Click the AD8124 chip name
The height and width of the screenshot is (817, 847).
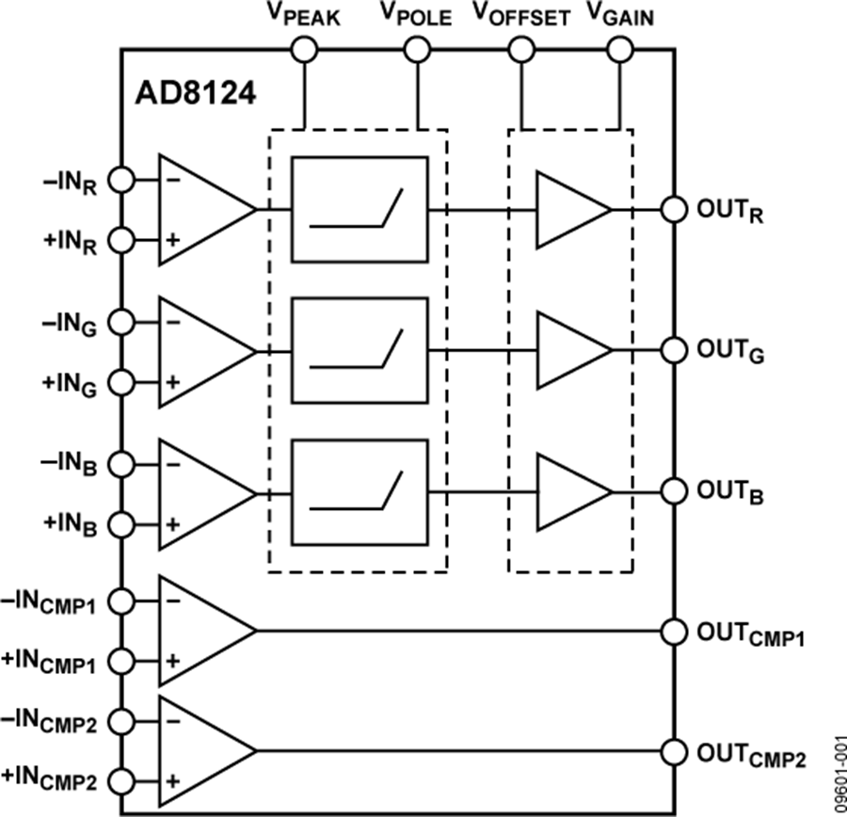(197, 95)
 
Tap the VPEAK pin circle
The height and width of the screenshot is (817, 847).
(304, 49)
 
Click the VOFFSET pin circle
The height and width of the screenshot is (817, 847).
(519, 49)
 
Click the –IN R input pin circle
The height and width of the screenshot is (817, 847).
(122, 179)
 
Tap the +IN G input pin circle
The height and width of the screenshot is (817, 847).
(122, 382)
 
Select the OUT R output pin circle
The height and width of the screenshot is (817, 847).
(672, 209)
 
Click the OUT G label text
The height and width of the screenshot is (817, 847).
(730, 351)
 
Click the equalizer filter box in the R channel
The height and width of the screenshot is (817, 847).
(359, 209)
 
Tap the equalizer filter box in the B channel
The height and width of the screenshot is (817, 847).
(359, 492)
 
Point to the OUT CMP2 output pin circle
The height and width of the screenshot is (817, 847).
(672, 751)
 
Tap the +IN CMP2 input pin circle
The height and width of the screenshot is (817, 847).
(122, 780)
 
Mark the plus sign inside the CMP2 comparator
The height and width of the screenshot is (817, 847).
(172, 781)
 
